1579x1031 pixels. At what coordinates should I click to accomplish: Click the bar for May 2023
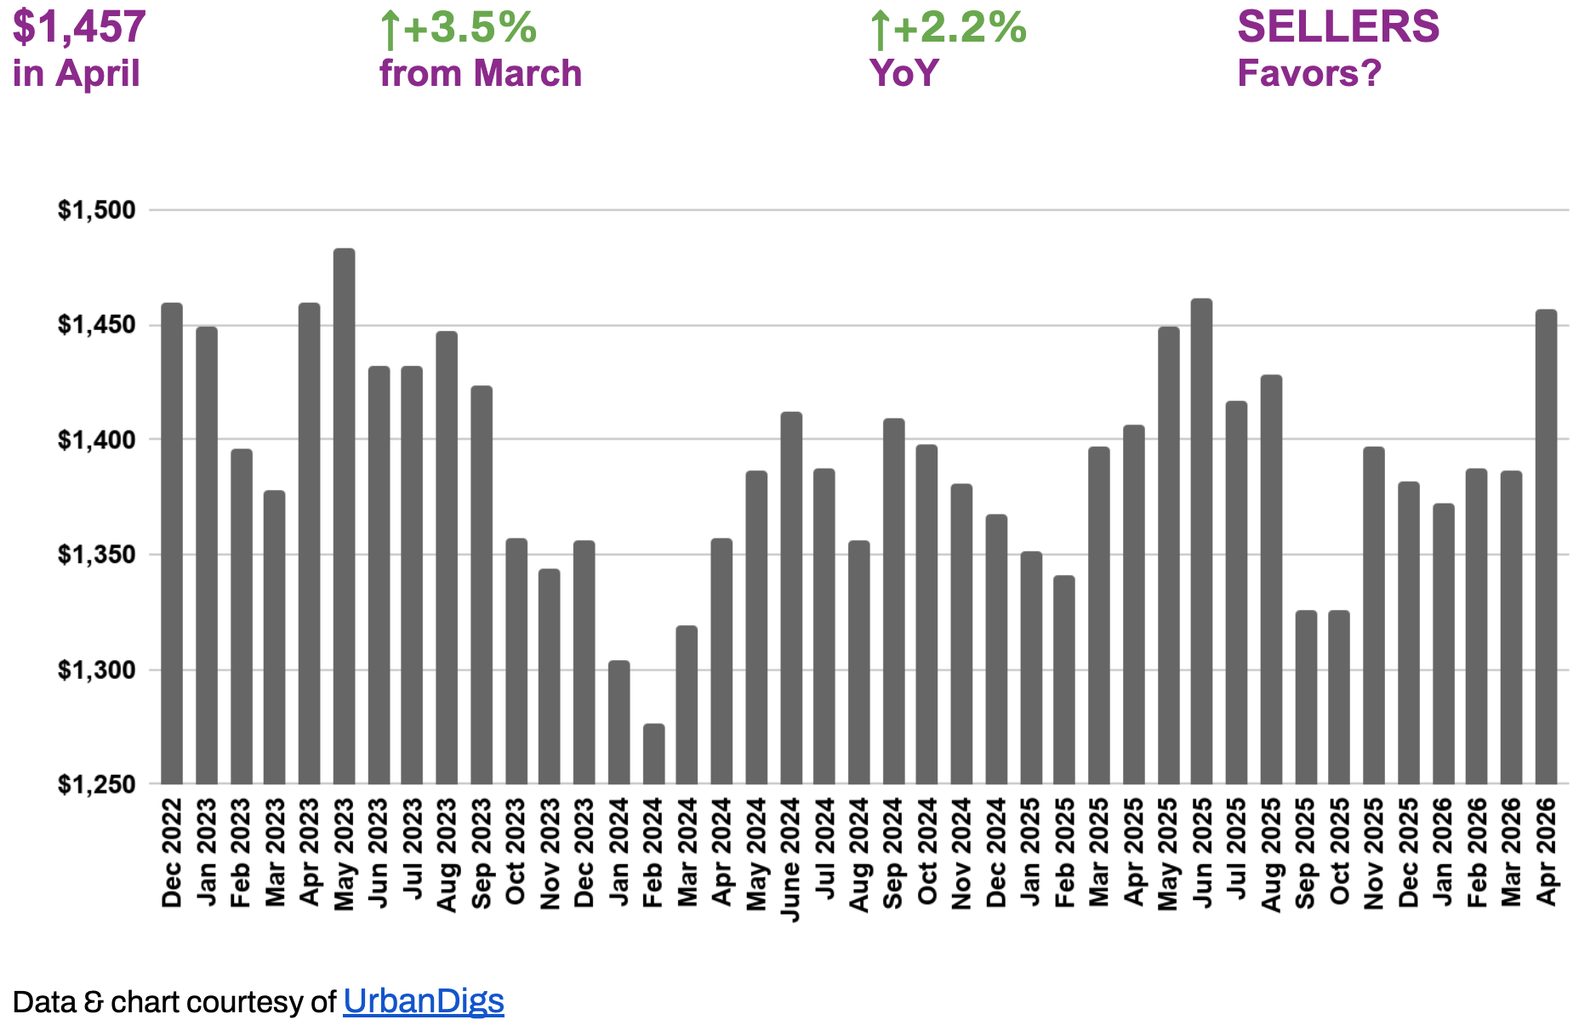pos(344,516)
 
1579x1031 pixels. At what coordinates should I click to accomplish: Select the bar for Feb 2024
pos(653,754)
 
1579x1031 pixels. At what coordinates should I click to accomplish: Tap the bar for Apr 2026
pos(1546,547)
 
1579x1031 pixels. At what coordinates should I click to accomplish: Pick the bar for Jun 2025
pos(1201,542)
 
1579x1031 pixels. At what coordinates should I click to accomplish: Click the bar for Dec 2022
pos(172,544)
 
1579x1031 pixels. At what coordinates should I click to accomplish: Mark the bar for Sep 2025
pos(1306,698)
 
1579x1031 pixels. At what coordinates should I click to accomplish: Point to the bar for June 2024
pos(791,598)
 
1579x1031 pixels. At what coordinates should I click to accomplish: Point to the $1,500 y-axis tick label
pos(97,210)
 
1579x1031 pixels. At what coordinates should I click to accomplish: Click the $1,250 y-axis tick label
pos(97,784)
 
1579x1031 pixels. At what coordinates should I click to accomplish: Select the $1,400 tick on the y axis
pos(97,440)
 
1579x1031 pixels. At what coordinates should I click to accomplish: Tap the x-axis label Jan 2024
pos(619,852)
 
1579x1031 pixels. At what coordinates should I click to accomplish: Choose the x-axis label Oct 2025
pos(1340,852)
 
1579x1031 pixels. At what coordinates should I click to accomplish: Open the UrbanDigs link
pos(424,1001)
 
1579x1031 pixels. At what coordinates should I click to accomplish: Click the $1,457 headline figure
pos(79,27)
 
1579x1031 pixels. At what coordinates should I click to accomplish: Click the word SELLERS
pos(1338,26)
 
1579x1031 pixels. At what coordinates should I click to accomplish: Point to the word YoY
pos(904,73)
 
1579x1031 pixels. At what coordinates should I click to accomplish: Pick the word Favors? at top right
pos(1309,73)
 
